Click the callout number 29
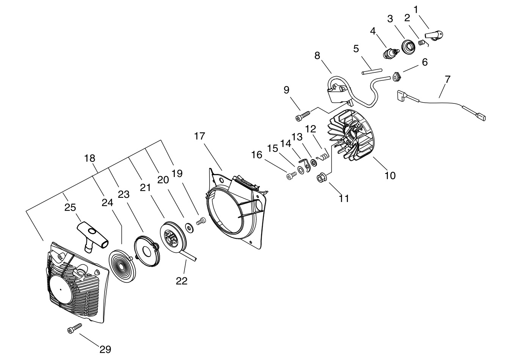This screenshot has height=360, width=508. tap(105, 349)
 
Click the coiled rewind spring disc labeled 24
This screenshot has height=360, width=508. tap(122, 266)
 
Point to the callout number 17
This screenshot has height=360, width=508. tap(199, 136)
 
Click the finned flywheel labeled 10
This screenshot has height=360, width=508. tap(351, 135)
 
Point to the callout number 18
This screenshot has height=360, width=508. tap(89, 158)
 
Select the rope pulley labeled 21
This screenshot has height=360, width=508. tap(173, 238)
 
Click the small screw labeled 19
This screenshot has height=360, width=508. tap(201, 221)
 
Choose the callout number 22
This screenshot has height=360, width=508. tap(182, 281)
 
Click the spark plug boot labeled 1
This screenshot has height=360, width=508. tap(434, 35)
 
